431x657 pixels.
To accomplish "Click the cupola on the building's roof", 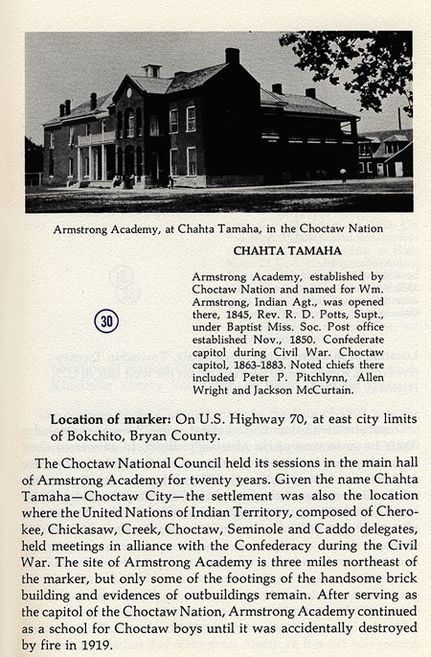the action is pyautogui.click(x=152, y=71).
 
